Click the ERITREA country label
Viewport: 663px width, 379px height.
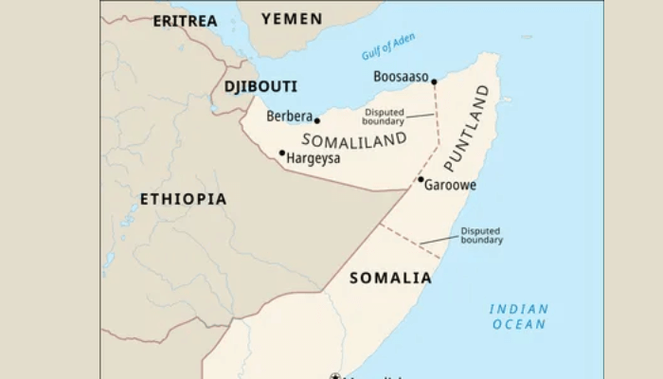point(185,20)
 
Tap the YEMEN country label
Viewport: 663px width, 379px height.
point(292,19)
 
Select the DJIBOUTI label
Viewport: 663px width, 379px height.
point(260,86)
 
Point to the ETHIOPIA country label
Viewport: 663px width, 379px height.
point(183,199)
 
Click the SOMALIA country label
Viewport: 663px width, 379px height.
point(390,278)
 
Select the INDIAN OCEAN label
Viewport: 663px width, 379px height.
point(518,316)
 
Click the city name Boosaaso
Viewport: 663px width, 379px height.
point(401,77)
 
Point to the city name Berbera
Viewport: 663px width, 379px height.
point(289,117)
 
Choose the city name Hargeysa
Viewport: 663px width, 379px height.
point(314,158)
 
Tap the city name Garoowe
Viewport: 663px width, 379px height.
point(450,186)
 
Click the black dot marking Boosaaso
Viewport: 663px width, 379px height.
point(434,81)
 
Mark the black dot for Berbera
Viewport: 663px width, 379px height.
point(317,120)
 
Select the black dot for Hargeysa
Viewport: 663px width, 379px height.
point(281,153)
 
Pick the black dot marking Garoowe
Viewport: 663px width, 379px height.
point(421,179)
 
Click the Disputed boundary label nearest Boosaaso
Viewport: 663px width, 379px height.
point(384,117)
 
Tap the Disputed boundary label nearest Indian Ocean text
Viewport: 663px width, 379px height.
point(482,235)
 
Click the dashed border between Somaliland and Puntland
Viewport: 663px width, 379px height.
point(436,133)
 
